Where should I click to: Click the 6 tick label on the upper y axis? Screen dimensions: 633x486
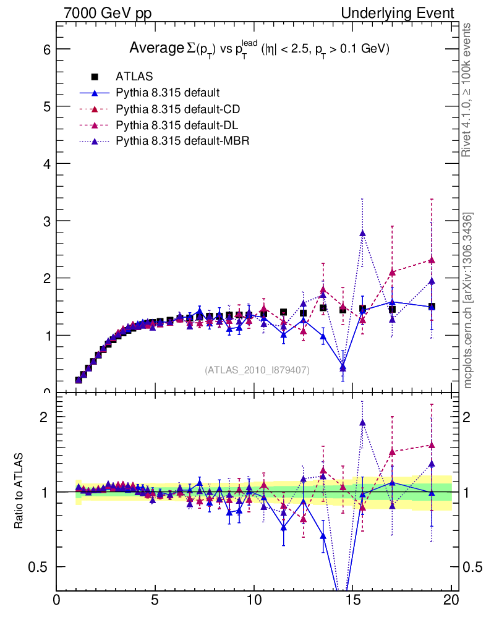click(x=46, y=49)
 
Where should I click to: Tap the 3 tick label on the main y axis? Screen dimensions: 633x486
click(x=46, y=221)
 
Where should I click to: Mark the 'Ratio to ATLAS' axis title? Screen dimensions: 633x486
click(x=20, y=491)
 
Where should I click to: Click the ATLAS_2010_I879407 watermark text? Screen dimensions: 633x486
click(x=257, y=370)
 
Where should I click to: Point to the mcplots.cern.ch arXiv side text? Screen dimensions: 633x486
click(x=469, y=300)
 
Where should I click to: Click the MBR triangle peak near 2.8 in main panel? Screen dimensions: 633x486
click(x=362, y=233)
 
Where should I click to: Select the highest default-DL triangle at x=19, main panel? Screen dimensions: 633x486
click(x=432, y=260)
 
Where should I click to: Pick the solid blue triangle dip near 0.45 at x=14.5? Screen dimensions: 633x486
click(x=343, y=368)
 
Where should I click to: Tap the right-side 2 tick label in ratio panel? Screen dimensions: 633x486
click(x=471, y=417)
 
